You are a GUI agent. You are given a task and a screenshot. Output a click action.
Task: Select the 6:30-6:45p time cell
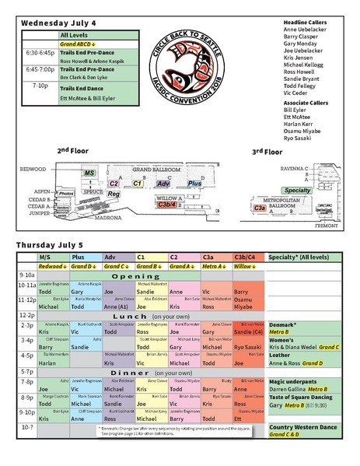(40, 53)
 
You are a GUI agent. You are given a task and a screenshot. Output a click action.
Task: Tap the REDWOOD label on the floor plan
(33, 169)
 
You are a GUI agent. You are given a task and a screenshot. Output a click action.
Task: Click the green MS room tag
(89, 172)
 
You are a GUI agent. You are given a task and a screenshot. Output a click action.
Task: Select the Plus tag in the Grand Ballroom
(194, 183)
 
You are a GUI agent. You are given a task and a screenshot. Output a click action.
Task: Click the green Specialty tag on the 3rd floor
(297, 190)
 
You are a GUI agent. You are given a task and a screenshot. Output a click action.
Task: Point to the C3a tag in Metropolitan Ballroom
(259, 208)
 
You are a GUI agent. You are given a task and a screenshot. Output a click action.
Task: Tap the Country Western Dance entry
(302, 428)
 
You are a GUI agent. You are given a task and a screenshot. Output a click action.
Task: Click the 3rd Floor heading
(267, 152)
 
